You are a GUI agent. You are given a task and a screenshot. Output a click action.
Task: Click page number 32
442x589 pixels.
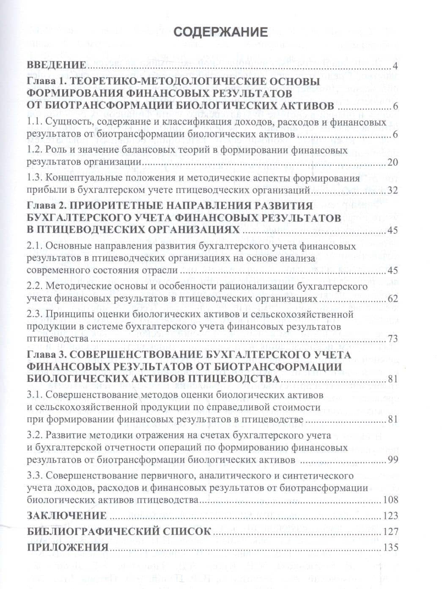pyautogui.click(x=393, y=190)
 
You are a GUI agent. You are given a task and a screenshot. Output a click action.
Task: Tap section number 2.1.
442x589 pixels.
pyautogui.click(x=34, y=246)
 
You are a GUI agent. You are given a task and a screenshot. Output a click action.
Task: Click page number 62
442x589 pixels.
pyautogui.click(x=393, y=299)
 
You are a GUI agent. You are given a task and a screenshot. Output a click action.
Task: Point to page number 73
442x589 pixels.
pyautogui.click(x=393, y=339)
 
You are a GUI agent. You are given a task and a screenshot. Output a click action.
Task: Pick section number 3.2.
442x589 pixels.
pyautogui.click(x=34, y=435)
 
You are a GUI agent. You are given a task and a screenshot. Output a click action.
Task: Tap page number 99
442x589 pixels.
pyautogui.click(x=393, y=460)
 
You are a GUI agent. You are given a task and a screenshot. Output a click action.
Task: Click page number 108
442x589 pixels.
pyautogui.click(x=390, y=500)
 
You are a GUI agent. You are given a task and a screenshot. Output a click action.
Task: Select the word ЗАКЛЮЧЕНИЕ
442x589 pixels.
pyautogui.click(x=66, y=515)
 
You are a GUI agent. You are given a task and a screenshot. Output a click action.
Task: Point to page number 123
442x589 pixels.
pyautogui.click(x=390, y=515)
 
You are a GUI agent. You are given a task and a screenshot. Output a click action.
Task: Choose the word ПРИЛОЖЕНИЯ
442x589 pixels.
pyautogui.click(x=66, y=548)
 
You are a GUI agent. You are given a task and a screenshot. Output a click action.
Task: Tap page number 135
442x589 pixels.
pyautogui.click(x=390, y=548)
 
